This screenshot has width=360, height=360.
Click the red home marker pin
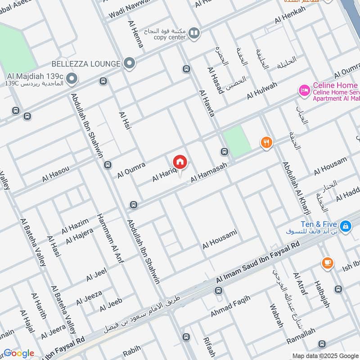click(180, 162)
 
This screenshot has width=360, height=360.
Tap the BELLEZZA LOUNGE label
click(86, 63)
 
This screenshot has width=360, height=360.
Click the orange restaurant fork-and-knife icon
click(266, 143)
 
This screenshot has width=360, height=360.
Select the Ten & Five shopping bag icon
click(345, 226)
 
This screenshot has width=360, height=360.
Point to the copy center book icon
click(194, 32)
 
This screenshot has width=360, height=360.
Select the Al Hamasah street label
click(209, 173)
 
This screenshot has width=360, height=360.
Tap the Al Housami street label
click(219, 239)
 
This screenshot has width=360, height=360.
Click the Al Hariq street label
click(163, 173)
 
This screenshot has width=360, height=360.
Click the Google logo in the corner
click(19, 353)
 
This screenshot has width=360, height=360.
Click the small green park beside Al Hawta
click(237, 140)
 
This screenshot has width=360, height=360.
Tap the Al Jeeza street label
click(89, 297)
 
